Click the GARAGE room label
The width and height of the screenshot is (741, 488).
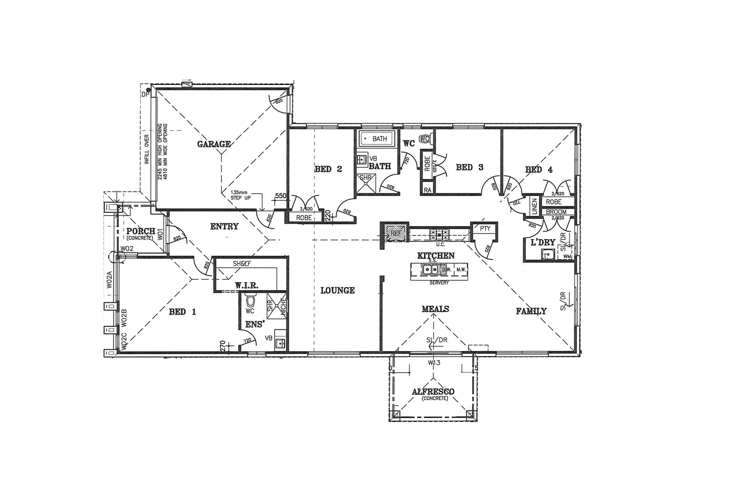(x=214, y=144)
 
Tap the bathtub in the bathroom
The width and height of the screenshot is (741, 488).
(x=376, y=138)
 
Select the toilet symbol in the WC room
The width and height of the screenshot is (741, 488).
(x=424, y=139)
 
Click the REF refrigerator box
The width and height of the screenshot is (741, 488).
(x=395, y=233)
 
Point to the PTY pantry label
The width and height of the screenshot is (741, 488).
(x=485, y=229)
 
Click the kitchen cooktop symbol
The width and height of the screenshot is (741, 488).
(x=440, y=234)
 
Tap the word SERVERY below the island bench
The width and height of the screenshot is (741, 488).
(x=439, y=283)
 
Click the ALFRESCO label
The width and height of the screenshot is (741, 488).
(x=433, y=392)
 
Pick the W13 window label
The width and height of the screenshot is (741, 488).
(x=434, y=362)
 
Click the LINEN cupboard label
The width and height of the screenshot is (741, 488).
(x=535, y=206)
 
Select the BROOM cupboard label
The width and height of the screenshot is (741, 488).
(x=556, y=212)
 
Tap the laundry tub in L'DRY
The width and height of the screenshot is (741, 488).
(x=548, y=254)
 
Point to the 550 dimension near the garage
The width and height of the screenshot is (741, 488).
(x=281, y=196)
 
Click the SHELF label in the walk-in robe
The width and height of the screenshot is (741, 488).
(x=242, y=263)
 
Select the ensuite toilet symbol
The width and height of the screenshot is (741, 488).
(x=250, y=300)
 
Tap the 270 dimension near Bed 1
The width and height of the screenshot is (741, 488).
(x=222, y=346)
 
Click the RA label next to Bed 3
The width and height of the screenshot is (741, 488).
(x=427, y=190)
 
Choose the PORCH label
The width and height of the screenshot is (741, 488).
(x=141, y=231)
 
